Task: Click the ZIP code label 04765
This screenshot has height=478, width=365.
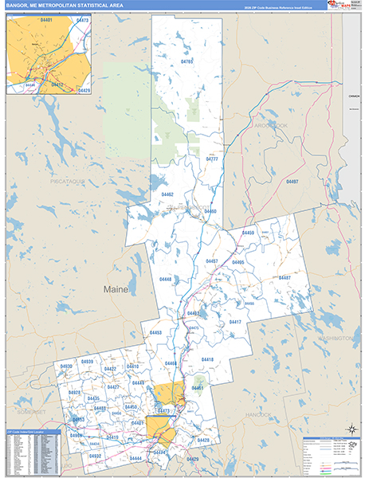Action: coord(187,61)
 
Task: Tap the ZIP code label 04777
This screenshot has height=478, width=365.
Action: coord(212,159)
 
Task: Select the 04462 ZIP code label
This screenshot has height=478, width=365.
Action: coord(167,194)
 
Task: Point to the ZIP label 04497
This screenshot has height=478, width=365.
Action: coord(292,182)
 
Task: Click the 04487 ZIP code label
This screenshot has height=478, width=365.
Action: coord(284,277)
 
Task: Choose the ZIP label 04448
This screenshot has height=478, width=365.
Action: coord(165,280)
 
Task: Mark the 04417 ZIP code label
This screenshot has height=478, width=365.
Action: coord(235,322)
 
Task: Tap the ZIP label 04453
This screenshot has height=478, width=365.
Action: coord(155,332)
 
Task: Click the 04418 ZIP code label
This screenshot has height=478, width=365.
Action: coord(207,360)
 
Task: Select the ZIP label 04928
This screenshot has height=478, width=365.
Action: coord(74,393)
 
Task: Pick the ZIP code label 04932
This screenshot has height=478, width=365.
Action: coord(96,456)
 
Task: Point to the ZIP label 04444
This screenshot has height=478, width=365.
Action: coord(135,459)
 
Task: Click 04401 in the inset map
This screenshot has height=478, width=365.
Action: coord(24,20)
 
